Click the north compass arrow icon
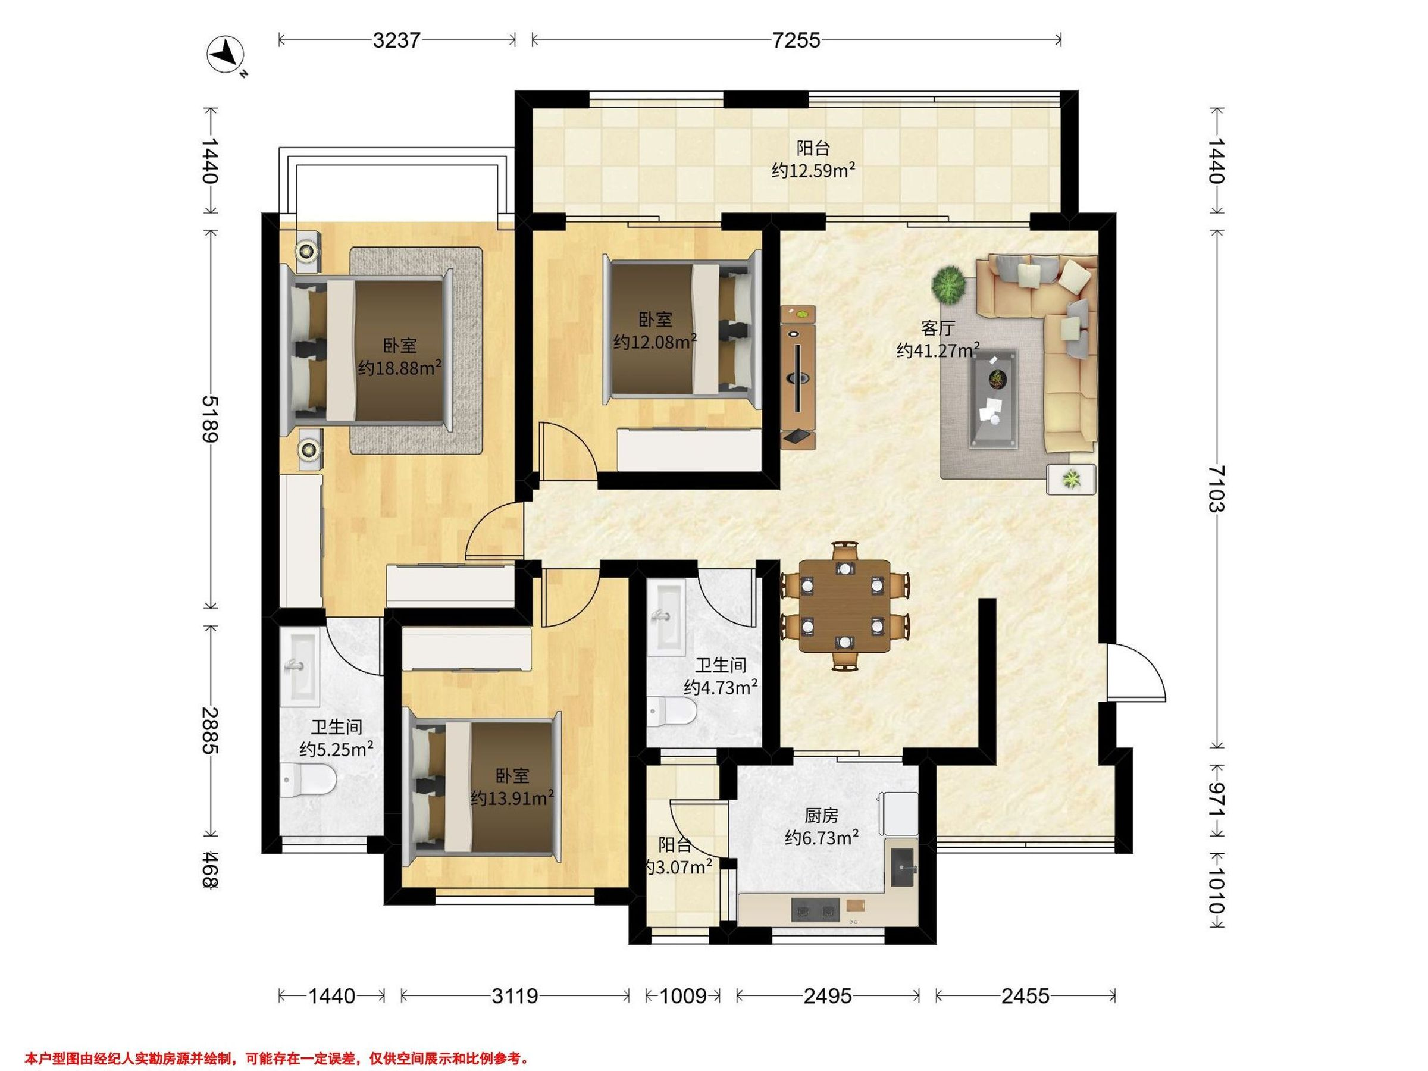pyautogui.click(x=225, y=55)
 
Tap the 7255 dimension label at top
pyautogui.click(x=796, y=40)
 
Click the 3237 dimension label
pyautogui.click(x=397, y=40)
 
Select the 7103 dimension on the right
pyautogui.click(x=1216, y=488)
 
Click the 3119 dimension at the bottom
pyautogui.click(x=515, y=996)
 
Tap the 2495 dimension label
pyautogui.click(x=828, y=996)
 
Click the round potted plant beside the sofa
pyautogui.click(x=949, y=284)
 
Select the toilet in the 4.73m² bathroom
pyautogui.click(x=672, y=713)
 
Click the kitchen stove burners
pyautogui.click(x=815, y=911)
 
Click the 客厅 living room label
pyautogui.click(x=938, y=328)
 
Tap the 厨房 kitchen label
pyautogui.click(x=821, y=816)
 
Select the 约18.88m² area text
pyautogui.click(x=400, y=368)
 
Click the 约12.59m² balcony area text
pyautogui.click(x=813, y=170)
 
